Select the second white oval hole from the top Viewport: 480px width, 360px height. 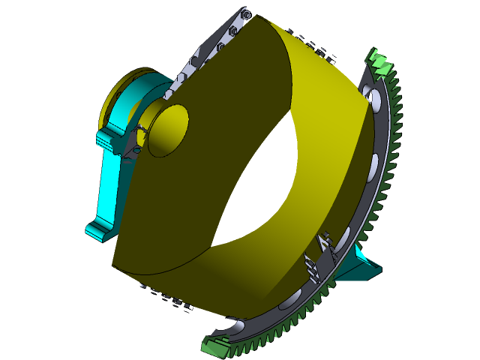coord(374,162)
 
